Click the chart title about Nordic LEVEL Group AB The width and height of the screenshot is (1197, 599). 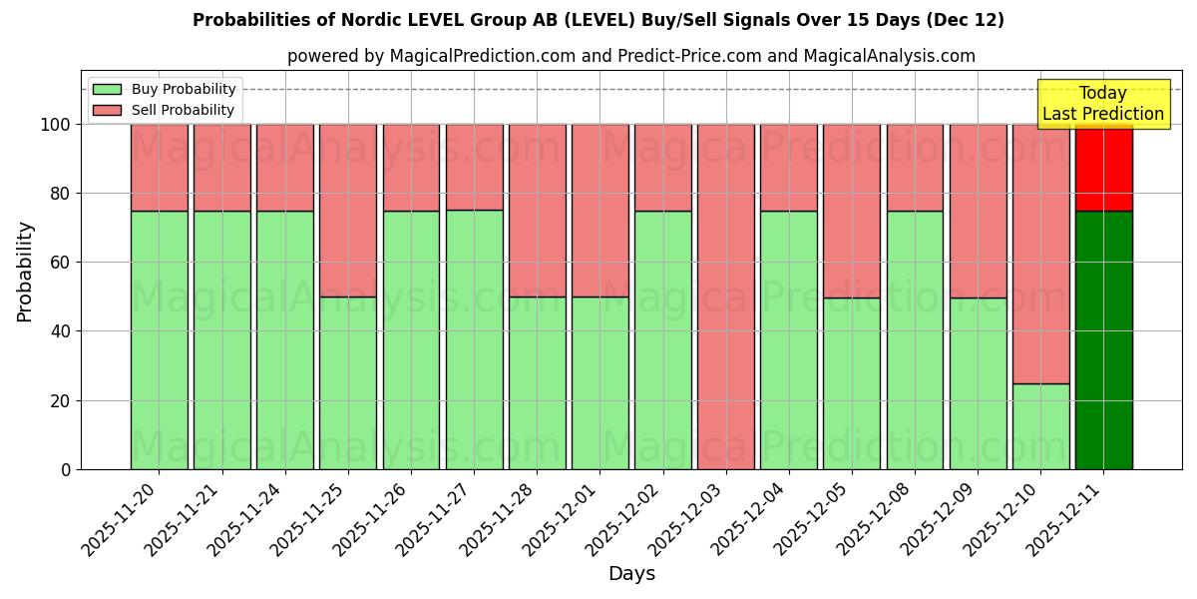pyautogui.click(x=598, y=20)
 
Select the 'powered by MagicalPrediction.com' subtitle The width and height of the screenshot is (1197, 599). pyautogui.click(x=630, y=56)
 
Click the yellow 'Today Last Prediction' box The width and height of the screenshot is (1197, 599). pyautogui.click(x=1102, y=104)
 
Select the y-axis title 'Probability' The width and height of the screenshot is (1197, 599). pyautogui.click(x=25, y=272)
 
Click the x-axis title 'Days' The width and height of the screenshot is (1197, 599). pyautogui.click(x=631, y=574)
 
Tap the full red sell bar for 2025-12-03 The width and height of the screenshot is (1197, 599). pyautogui.click(x=725, y=297)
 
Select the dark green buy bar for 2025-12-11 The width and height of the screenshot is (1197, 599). pyautogui.click(x=1103, y=339)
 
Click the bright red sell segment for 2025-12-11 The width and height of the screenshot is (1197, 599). pyautogui.click(x=1103, y=168)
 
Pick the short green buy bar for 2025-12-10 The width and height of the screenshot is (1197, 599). pyautogui.click(x=1040, y=426)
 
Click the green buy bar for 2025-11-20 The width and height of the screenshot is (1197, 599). pyautogui.click(x=159, y=339)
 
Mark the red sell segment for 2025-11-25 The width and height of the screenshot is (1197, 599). pyautogui.click(x=348, y=210)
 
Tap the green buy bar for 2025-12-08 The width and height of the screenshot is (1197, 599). pyautogui.click(x=915, y=339)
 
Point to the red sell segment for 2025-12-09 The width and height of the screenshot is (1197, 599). pyautogui.click(x=978, y=210)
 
